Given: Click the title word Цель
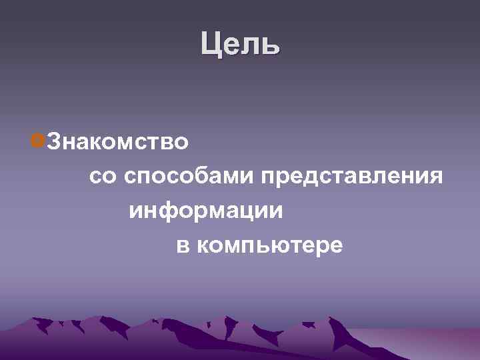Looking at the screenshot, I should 241,45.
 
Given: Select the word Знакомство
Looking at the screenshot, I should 119,143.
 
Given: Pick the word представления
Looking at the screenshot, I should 353,179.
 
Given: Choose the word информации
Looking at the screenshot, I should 206,213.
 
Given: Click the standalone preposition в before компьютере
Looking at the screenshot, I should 182,247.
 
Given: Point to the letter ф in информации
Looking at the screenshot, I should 171,213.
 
